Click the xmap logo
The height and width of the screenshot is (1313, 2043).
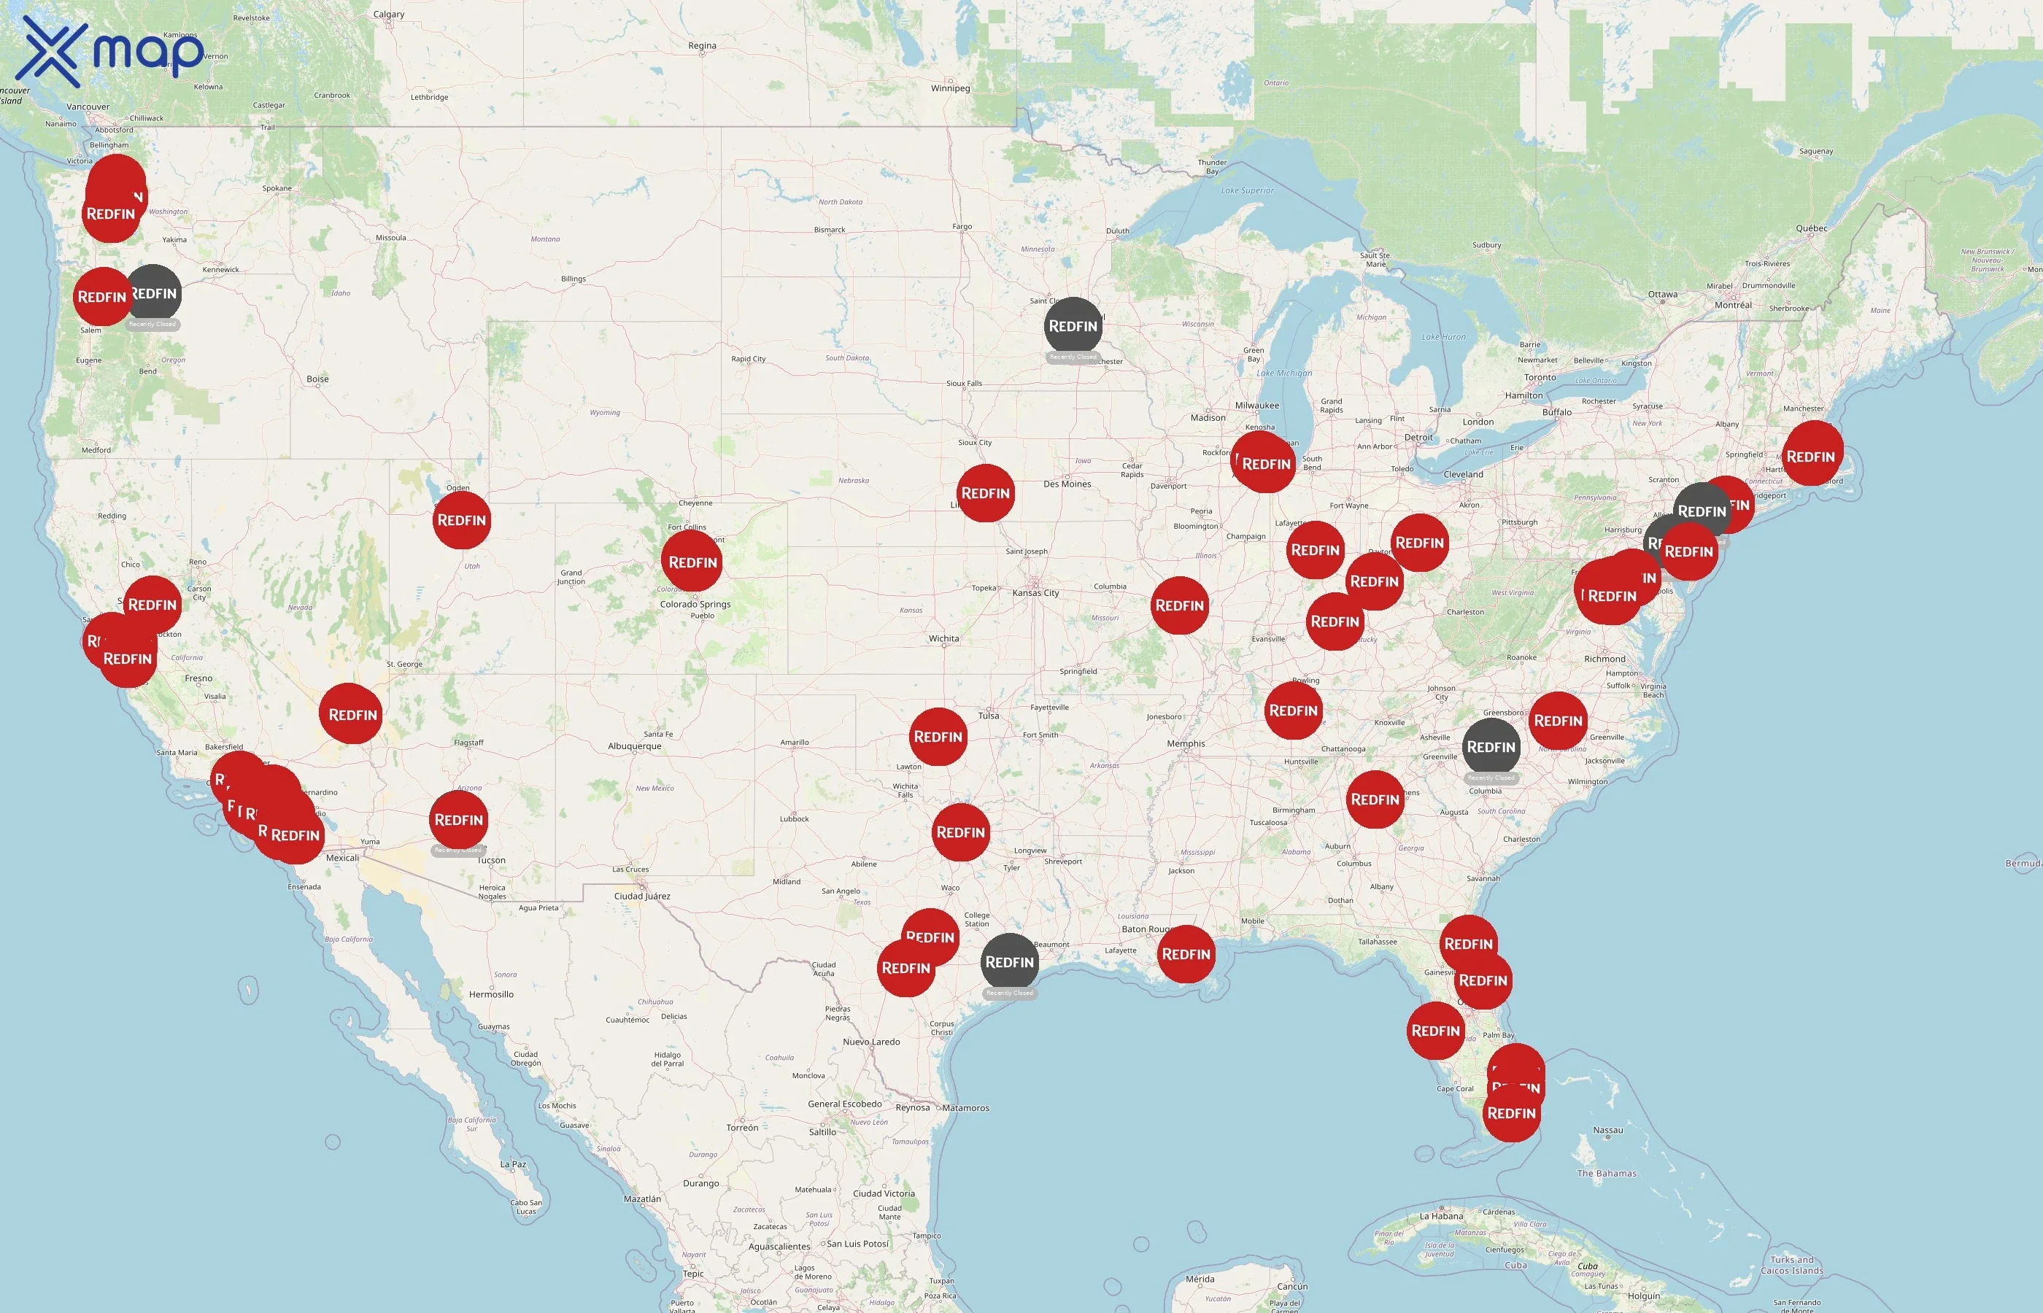[x=111, y=51]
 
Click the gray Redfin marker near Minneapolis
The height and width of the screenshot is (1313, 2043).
[x=1073, y=325]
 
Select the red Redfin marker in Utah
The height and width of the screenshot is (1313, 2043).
[x=461, y=520]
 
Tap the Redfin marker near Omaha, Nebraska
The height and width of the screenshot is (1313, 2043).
[x=986, y=493]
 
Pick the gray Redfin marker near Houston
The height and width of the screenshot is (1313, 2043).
[x=1010, y=961]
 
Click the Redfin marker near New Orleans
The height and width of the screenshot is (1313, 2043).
[x=1186, y=954]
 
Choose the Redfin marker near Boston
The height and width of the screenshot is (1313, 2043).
[x=1810, y=456]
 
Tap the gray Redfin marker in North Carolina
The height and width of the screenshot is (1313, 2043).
[x=1491, y=747]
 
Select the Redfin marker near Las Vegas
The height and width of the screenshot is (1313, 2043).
[x=352, y=714]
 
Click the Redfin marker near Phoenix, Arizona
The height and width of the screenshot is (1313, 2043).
[x=459, y=820]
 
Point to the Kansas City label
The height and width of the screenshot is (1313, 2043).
[x=1035, y=592]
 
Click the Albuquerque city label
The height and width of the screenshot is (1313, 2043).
[x=634, y=746]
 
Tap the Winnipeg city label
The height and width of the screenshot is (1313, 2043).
[x=950, y=88]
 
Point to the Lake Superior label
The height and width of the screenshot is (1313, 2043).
[x=1247, y=190]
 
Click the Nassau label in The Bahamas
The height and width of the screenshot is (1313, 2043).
[x=1607, y=1131]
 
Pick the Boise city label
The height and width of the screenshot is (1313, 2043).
[x=317, y=379]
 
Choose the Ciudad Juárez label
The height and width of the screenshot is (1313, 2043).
[x=642, y=896]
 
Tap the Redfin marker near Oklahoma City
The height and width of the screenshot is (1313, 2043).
[x=938, y=737]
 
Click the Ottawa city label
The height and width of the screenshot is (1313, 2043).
[x=1662, y=294]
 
